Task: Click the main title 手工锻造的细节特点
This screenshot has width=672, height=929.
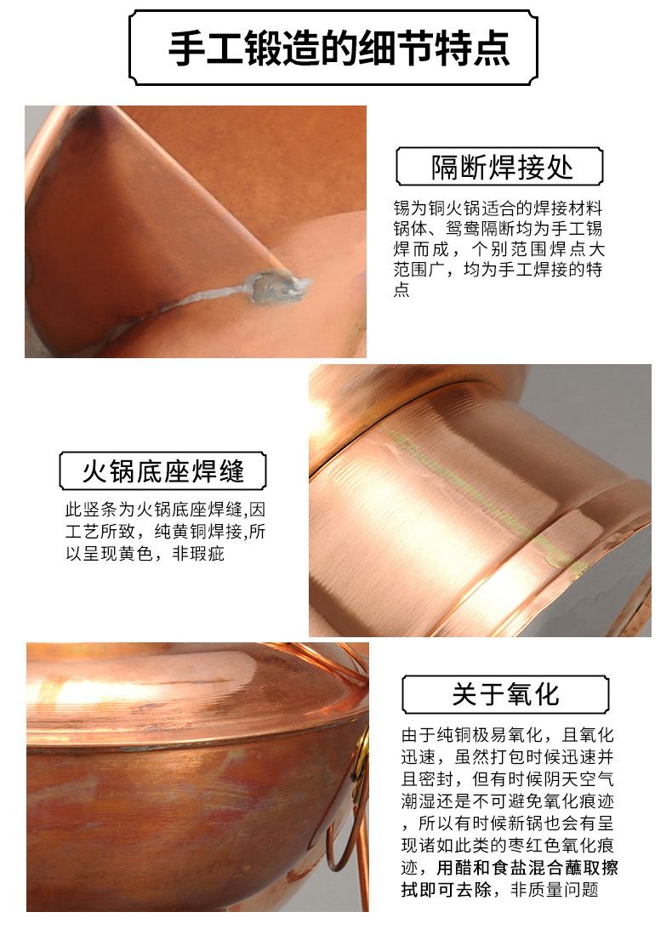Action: click(339, 48)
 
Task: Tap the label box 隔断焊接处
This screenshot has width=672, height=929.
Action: click(499, 167)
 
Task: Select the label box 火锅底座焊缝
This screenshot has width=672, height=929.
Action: click(163, 471)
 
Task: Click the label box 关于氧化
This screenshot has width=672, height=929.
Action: click(505, 694)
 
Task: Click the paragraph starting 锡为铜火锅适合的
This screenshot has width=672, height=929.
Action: click(499, 248)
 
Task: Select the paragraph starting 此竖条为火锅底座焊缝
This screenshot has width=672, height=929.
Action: click(165, 532)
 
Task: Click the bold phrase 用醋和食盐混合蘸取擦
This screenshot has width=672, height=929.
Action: click(527, 868)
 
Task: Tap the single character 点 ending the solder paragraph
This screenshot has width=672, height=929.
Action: click(401, 289)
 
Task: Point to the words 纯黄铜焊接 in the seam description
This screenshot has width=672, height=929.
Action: click(198, 532)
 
